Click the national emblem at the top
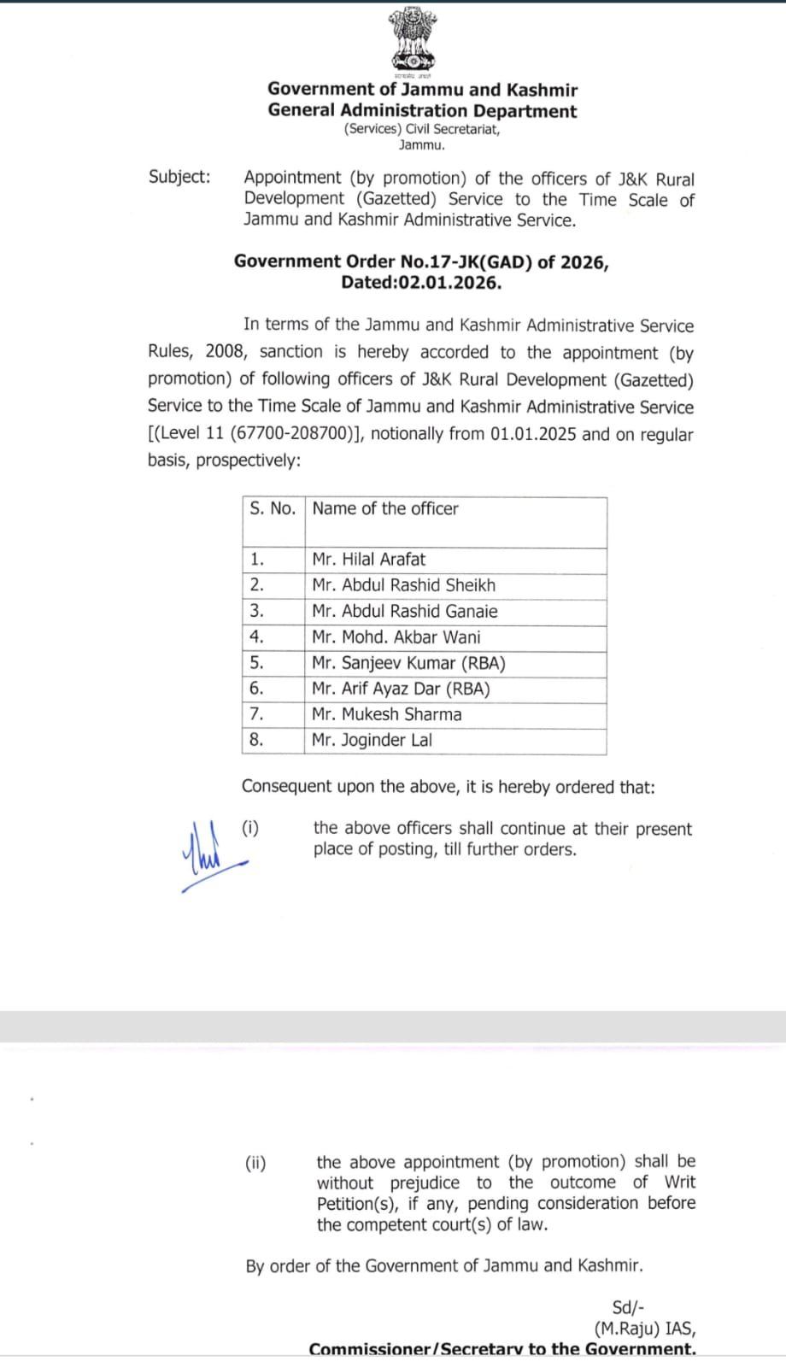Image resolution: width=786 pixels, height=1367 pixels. tap(414, 39)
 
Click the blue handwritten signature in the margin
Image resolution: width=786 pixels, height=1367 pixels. tap(208, 855)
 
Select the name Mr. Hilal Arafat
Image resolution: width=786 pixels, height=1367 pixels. tap(368, 560)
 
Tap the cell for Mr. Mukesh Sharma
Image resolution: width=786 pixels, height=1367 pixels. tap(386, 714)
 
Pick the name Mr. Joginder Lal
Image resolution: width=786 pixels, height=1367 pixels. tap(372, 740)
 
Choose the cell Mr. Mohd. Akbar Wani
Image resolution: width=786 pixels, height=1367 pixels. tap(396, 637)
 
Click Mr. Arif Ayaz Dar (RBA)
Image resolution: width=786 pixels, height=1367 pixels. tap(401, 689)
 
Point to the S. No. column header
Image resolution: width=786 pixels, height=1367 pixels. tap(273, 509)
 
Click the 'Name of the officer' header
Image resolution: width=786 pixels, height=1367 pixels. tap(385, 509)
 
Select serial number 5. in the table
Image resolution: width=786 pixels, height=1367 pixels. tap(256, 663)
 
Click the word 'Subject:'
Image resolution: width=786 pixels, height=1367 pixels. tap(179, 177)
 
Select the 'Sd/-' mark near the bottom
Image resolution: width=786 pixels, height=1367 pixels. tap(628, 1308)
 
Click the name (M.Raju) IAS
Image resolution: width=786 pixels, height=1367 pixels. tap(644, 1329)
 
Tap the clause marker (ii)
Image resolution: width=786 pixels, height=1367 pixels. tap(255, 1163)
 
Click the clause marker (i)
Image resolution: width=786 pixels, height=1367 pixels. tap(250, 828)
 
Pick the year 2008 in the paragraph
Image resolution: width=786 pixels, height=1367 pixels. tap(225, 352)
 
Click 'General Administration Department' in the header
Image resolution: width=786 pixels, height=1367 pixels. tap(422, 111)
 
